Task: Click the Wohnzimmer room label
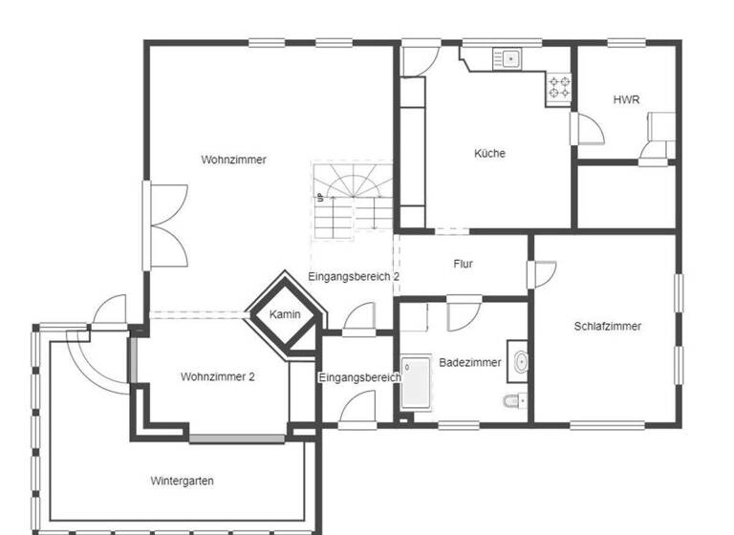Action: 233,160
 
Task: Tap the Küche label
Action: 489,153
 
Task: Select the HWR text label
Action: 626,99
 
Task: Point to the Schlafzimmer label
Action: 607,326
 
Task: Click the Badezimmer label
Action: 470,363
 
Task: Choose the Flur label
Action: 464,264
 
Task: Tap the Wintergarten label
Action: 182,481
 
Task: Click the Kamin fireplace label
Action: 285,314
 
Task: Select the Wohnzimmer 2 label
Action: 217,376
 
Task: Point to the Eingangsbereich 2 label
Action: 353,276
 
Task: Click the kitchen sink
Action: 508,59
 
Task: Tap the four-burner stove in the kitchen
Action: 559,89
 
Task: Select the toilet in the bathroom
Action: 514,400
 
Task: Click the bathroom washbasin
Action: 519,361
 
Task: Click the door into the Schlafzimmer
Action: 543,273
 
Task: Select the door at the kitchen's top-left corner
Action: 418,56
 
